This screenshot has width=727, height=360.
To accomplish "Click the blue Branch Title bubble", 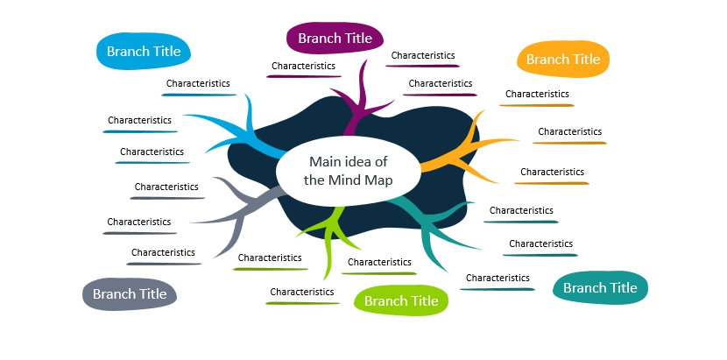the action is [x=144, y=51].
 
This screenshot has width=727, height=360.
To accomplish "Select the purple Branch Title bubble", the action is [x=335, y=38].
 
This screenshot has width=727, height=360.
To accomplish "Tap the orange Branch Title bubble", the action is [x=563, y=59].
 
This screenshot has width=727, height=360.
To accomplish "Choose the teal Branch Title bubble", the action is [x=600, y=287].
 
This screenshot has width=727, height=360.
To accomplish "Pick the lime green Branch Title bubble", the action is [x=401, y=300].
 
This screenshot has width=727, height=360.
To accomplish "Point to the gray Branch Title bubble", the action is [x=130, y=293].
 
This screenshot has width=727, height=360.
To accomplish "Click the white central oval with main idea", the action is [x=349, y=171].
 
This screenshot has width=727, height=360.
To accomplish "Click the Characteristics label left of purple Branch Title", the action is [x=303, y=66].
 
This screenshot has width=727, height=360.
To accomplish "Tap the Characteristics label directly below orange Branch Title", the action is [x=537, y=94].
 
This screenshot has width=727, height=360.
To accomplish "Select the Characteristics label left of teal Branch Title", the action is [x=498, y=278].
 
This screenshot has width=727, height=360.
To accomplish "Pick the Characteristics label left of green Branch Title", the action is [x=302, y=292].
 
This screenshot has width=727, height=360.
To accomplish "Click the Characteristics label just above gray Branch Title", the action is [x=163, y=252].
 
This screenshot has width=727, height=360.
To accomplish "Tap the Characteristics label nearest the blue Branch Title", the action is [x=198, y=83].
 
